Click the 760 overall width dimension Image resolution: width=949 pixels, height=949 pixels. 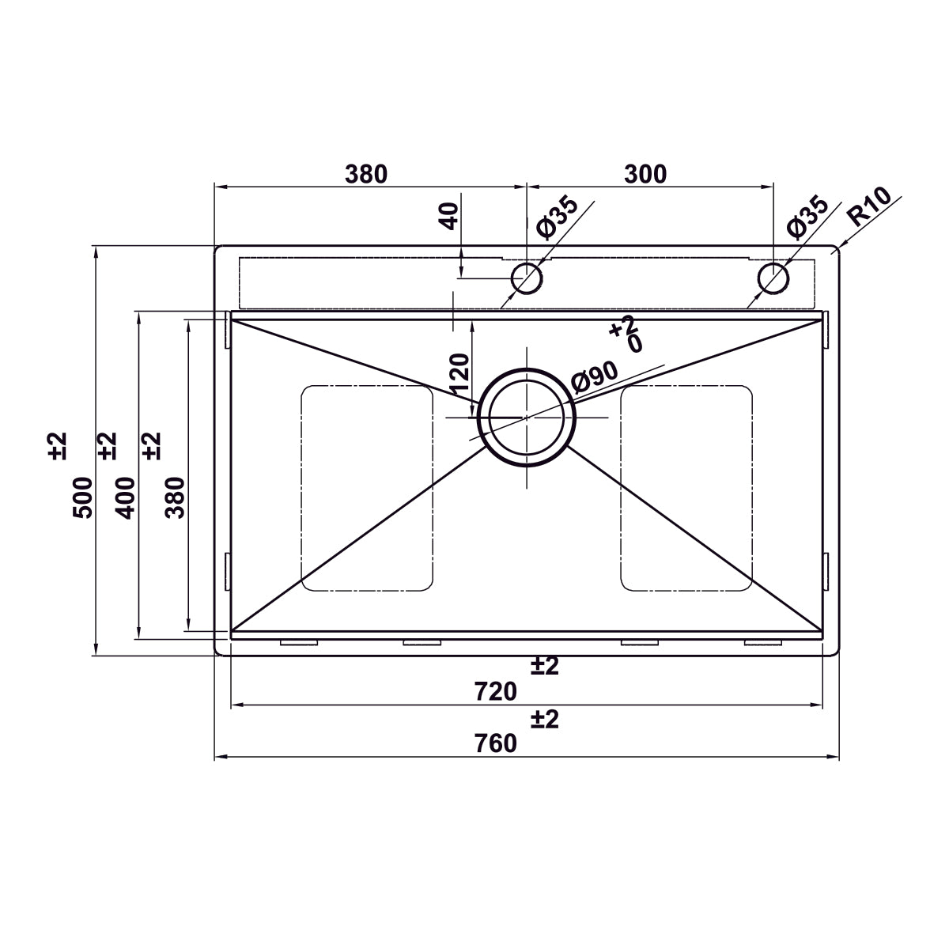(x=496, y=744)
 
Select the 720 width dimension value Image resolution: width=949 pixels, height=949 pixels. (x=496, y=692)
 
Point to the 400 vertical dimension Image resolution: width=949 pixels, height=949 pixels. (x=126, y=497)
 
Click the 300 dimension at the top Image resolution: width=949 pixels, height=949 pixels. (x=645, y=174)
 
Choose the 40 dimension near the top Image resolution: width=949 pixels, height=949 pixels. (x=449, y=216)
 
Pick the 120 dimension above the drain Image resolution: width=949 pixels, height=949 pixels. (x=459, y=374)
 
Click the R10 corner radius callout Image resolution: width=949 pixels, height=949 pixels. (x=868, y=206)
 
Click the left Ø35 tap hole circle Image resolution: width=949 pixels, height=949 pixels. (x=526, y=278)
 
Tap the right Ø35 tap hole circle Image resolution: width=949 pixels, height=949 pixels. (x=773, y=278)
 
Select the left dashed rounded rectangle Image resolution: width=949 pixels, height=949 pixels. (x=367, y=488)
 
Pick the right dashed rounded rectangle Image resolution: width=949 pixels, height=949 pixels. (x=686, y=488)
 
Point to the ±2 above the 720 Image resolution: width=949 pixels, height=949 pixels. (x=544, y=667)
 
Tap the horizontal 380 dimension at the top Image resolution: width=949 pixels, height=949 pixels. (x=366, y=174)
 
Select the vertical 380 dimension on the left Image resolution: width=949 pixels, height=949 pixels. (x=175, y=497)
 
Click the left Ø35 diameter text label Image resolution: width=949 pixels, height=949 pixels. (x=557, y=218)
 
